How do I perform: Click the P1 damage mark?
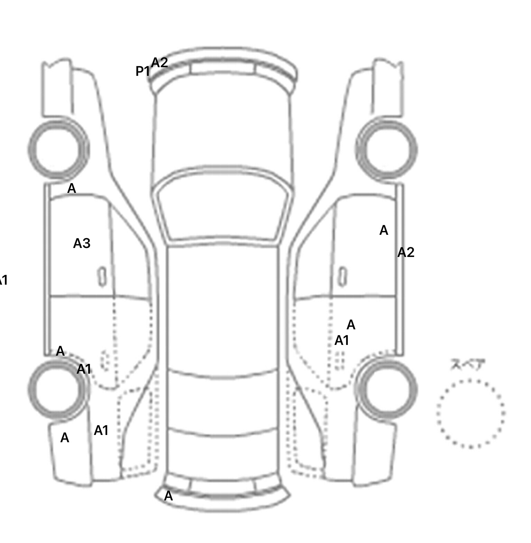(x=142, y=71)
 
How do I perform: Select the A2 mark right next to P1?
(x=159, y=63)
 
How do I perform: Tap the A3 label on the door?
(x=82, y=244)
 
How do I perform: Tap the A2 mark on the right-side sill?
(x=406, y=253)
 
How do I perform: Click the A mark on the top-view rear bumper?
(x=168, y=496)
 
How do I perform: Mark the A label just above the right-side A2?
(x=384, y=231)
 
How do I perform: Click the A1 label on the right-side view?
(x=342, y=341)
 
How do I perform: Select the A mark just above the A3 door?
(x=71, y=189)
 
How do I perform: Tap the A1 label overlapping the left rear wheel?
(x=84, y=370)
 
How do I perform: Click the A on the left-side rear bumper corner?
(x=65, y=438)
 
